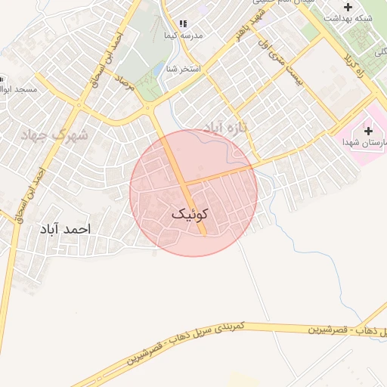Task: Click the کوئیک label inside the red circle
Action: pos(189,215)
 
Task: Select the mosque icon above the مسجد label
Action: pos(2,79)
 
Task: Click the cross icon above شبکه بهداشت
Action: pos(348,6)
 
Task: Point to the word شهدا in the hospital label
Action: pos(350,141)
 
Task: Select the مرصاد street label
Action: pos(125,82)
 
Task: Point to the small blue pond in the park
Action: pos(159,69)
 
